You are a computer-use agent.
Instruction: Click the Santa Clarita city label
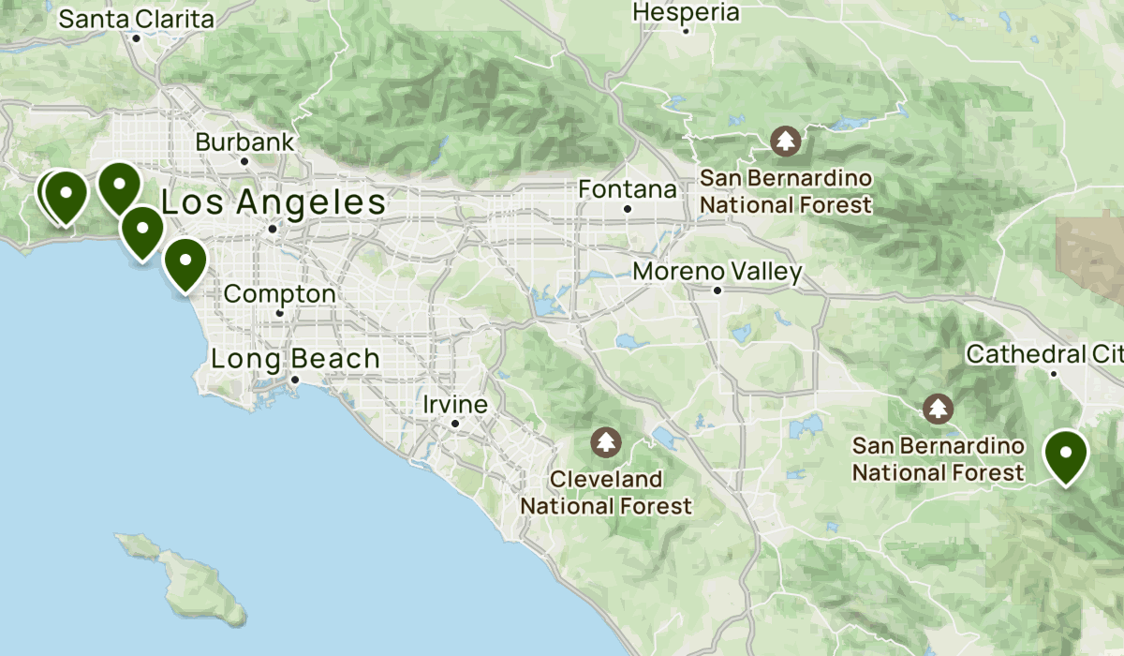point(137,18)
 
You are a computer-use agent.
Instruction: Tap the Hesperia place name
point(686,12)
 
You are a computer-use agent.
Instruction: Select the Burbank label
point(244,142)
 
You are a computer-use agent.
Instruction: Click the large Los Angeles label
point(274,202)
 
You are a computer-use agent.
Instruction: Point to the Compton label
point(279,293)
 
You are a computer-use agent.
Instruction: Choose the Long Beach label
point(295,358)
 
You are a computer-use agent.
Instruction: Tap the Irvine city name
point(455,405)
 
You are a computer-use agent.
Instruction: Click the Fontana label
point(628,189)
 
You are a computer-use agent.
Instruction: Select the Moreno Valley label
point(717,272)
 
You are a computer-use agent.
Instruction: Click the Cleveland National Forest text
point(606,493)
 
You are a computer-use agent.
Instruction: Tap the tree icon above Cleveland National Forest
point(607,440)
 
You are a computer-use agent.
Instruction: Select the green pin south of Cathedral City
point(1065,455)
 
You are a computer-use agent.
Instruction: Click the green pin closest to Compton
point(185,261)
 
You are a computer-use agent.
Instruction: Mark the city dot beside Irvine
point(455,424)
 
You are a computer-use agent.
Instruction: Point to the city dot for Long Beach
point(294,380)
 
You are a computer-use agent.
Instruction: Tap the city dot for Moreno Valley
point(717,291)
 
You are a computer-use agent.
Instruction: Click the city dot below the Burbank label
point(244,161)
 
